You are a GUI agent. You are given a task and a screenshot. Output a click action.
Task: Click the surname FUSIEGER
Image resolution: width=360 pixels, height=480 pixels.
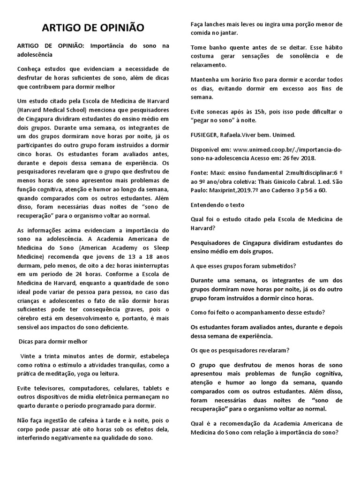(x=207, y=135)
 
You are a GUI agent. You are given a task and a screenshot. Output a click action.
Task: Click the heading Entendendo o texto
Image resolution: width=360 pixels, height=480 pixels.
(x=217, y=205)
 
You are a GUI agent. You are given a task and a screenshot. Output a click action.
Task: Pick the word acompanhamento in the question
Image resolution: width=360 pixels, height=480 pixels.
(x=254, y=313)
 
